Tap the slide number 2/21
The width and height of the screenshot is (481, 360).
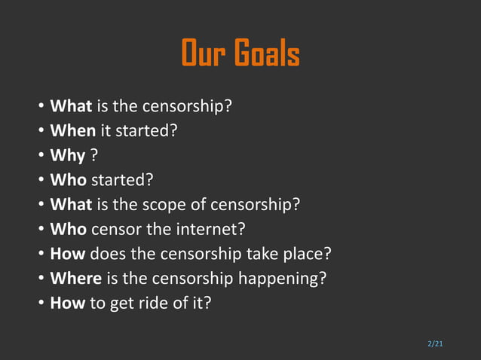[435, 344]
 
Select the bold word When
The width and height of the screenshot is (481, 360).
[72, 130]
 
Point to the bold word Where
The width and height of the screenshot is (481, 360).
[75, 279]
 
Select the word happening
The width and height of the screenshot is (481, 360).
[282, 279]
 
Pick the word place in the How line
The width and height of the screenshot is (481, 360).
[308, 254]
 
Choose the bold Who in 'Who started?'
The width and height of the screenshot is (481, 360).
[69, 180]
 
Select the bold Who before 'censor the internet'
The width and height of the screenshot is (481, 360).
[69, 229]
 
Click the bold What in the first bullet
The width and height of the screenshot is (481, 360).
[71, 106]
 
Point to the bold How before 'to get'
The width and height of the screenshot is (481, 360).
[68, 304]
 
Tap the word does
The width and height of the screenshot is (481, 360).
[110, 254]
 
